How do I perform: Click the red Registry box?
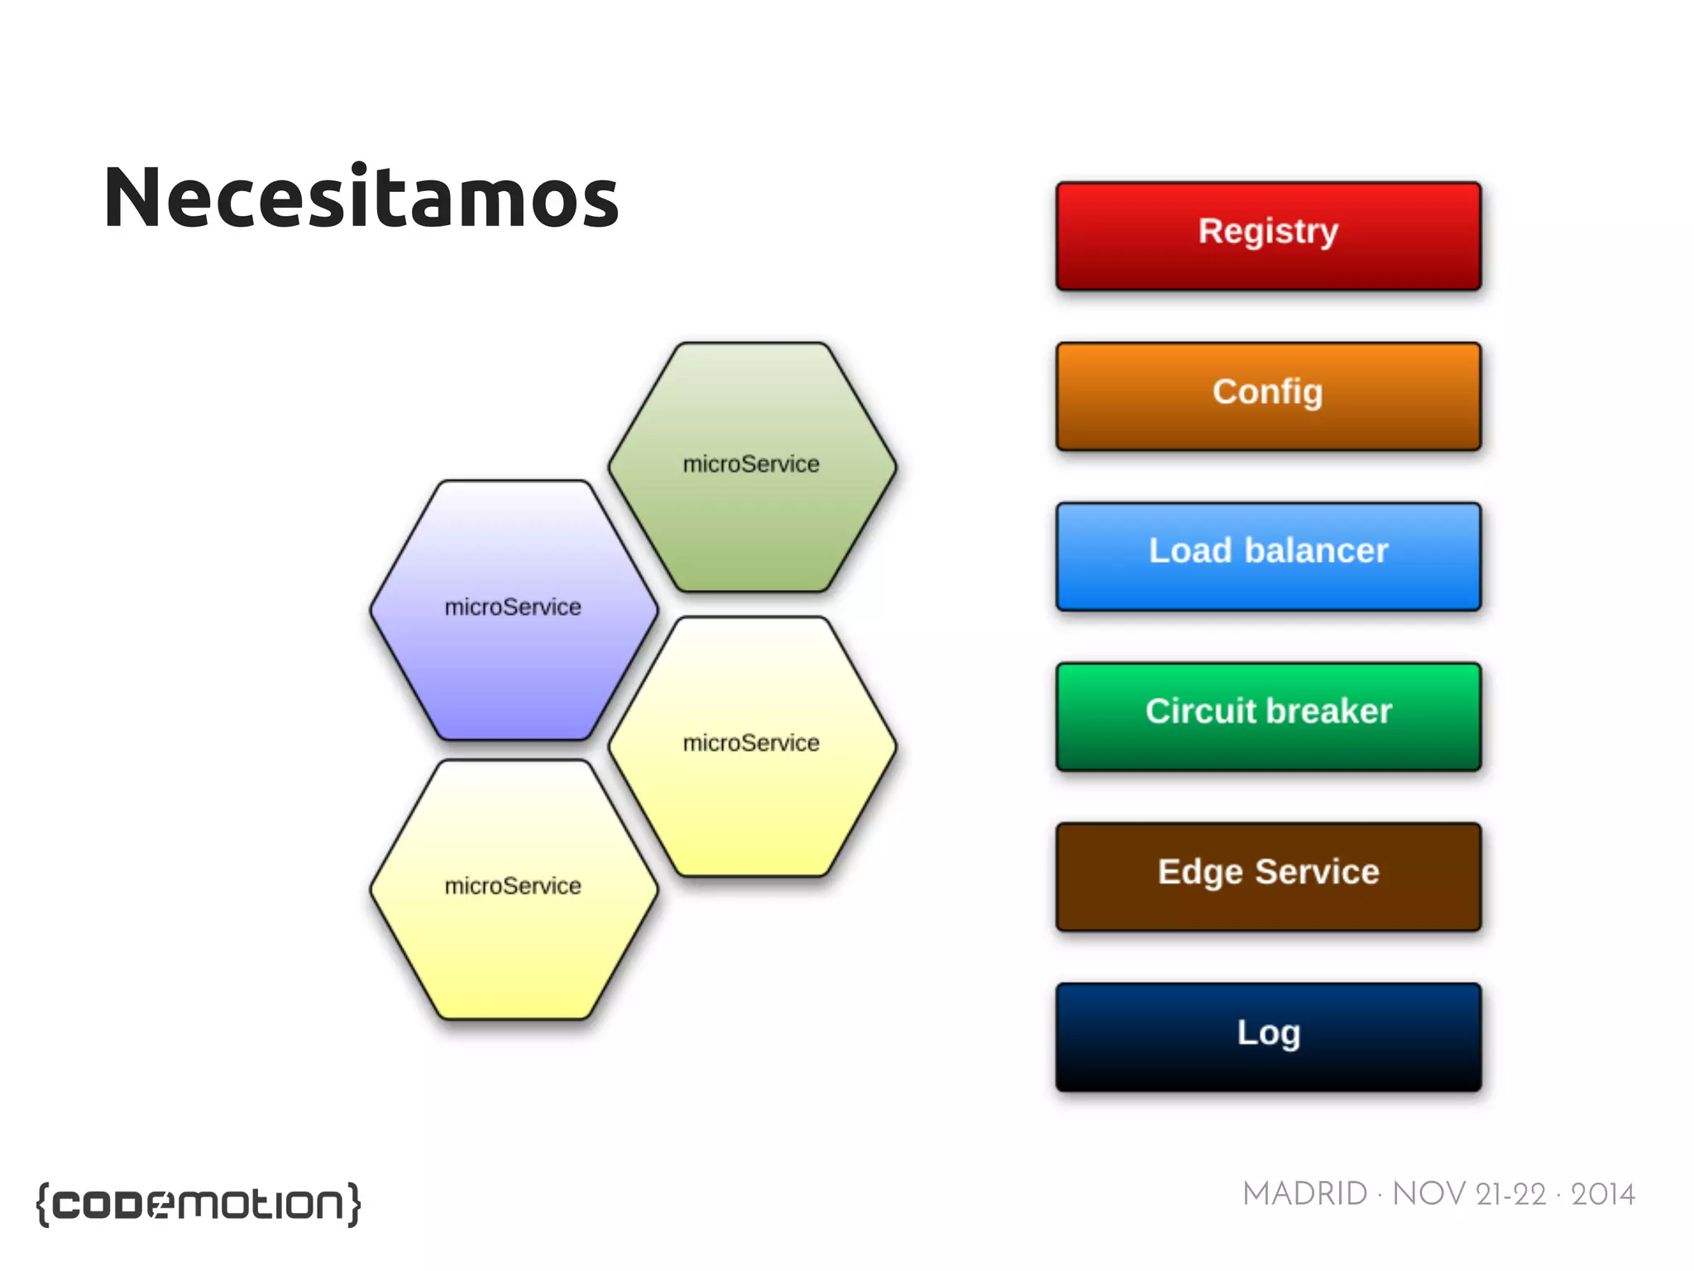pos(1267,236)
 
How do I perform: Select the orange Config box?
pos(1267,396)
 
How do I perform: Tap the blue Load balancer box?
pos(1267,556)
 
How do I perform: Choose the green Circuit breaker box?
pos(1267,717)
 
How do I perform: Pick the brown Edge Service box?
pos(1267,876)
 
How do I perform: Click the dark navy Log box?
pos(1267,1037)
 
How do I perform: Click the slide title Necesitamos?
pos(361,199)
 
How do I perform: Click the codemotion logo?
pos(199,1204)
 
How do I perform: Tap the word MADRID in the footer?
pos(1304,1194)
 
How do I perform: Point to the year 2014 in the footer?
pos(1602,1194)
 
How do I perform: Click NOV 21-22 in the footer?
pos(1469,1194)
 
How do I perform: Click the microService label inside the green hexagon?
pos(751,464)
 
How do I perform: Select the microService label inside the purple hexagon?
pos(513,607)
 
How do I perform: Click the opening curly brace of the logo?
pos(44,1204)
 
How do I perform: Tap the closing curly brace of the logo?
pos(353,1204)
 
